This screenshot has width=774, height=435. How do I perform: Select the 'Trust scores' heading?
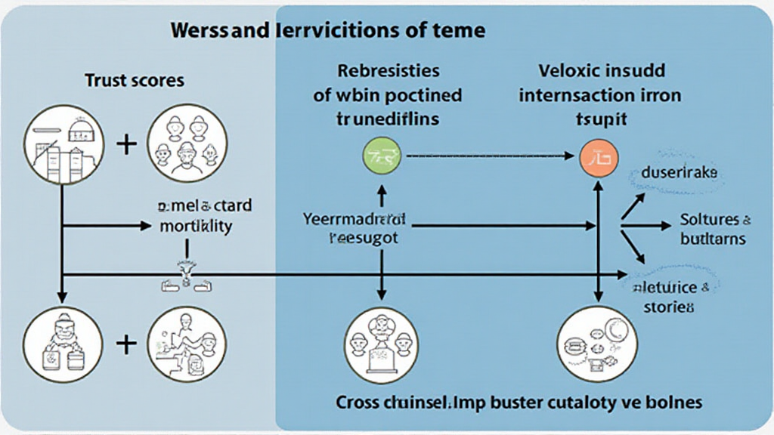coord(134,80)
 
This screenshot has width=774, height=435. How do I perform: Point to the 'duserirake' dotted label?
coord(674,173)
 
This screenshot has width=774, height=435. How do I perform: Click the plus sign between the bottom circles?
coord(125,344)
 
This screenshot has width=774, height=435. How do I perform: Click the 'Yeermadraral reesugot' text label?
coord(355,228)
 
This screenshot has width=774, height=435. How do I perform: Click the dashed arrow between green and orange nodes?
coord(488,157)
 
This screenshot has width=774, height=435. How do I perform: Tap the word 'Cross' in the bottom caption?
coord(360,401)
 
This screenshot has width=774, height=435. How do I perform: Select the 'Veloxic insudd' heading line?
coord(602,72)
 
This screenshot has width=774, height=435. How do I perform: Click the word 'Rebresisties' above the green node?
coord(389,72)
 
